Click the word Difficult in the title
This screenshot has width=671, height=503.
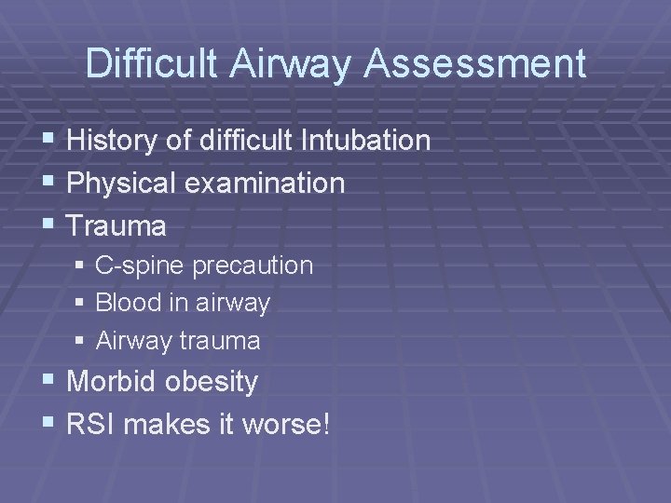(x=152, y=64)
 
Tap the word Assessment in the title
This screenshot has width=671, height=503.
(x=477, y=64)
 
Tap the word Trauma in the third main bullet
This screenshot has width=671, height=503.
(x=117, y=225)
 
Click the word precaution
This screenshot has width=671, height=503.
(x=253, y=265)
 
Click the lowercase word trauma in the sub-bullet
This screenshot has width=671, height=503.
(x=221, y=341)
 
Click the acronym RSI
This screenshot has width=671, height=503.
(x=91, y=424)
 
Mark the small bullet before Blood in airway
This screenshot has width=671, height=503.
(x=80, y=304)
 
